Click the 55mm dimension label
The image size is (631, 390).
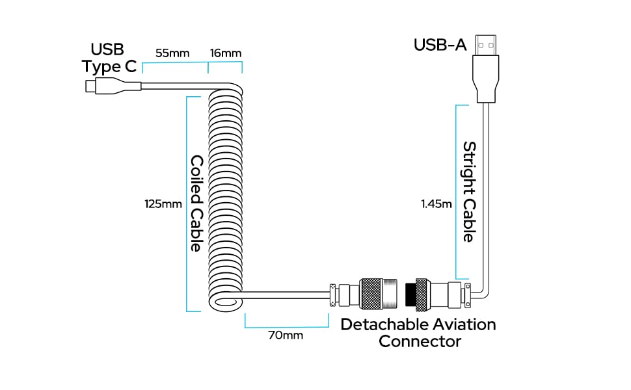point(172,53)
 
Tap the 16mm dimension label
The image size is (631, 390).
point(226,53)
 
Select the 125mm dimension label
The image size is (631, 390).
point(163,204)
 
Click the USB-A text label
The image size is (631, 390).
point(440,45)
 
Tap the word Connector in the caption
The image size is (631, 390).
point(420,341)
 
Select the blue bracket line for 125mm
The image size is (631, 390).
point(187,204)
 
